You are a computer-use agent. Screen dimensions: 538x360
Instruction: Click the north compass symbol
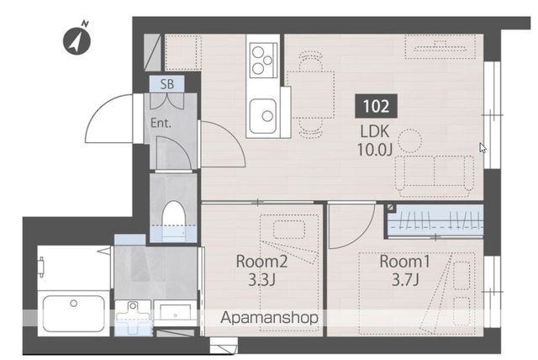76,40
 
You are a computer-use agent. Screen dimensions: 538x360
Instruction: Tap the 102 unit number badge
376,106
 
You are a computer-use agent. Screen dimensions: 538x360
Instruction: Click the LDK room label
375,131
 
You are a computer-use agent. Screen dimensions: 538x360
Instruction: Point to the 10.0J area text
375,150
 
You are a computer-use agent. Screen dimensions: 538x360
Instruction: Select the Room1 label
404,262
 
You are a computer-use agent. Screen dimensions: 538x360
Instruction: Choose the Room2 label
261,262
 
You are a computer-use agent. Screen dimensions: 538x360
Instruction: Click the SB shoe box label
167,84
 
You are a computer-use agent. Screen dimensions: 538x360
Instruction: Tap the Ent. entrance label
161,123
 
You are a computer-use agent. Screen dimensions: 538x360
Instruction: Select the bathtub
73,314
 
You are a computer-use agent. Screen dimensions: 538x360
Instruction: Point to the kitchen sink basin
263,116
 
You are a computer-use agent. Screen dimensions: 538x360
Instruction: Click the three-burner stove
263,61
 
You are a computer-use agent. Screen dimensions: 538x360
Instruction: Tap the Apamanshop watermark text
269,318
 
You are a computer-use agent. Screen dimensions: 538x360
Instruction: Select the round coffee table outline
409,140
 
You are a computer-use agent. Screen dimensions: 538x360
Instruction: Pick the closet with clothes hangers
435,220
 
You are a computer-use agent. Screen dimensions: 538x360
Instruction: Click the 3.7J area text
405,280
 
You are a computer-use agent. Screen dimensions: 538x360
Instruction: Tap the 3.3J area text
261,280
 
